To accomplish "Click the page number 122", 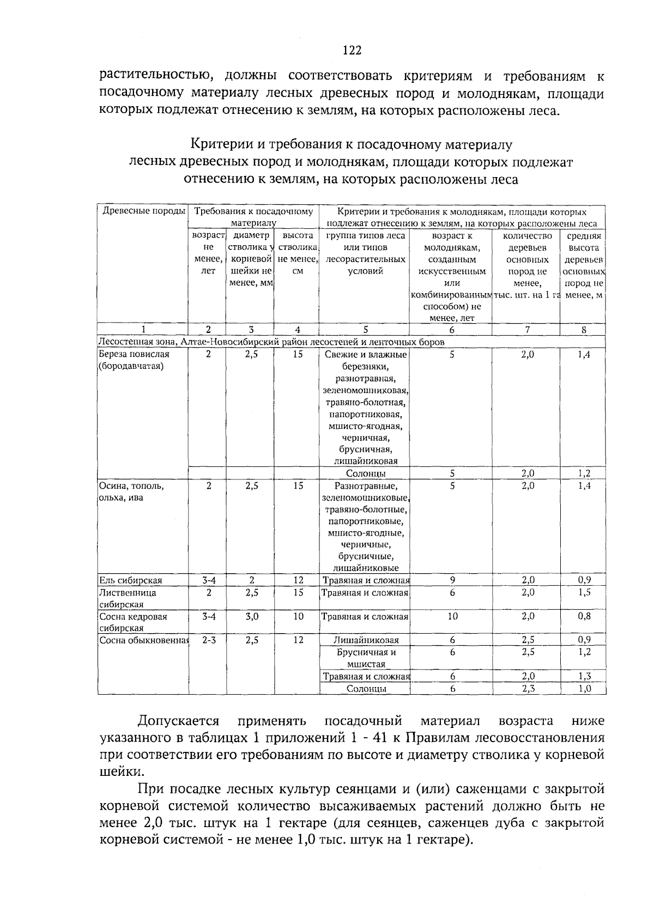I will click(352, 51).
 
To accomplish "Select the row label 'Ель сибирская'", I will click(130, 580).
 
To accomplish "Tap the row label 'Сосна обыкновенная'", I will click(143, 640).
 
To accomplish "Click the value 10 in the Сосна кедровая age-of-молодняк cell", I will click(452, 616).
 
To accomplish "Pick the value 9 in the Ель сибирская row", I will click(452, 580).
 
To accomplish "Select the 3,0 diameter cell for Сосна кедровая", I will click(251, 616).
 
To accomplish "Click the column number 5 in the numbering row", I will click(365, 329).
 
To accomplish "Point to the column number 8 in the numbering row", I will click(583, 329).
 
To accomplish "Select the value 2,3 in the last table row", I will click(527, 688).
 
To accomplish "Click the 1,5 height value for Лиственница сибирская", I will click(584, 592).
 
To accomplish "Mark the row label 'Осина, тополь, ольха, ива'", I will click(131, 491).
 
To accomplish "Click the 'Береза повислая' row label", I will click(134, 360).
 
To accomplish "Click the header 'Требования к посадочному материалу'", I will click(253, 217).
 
